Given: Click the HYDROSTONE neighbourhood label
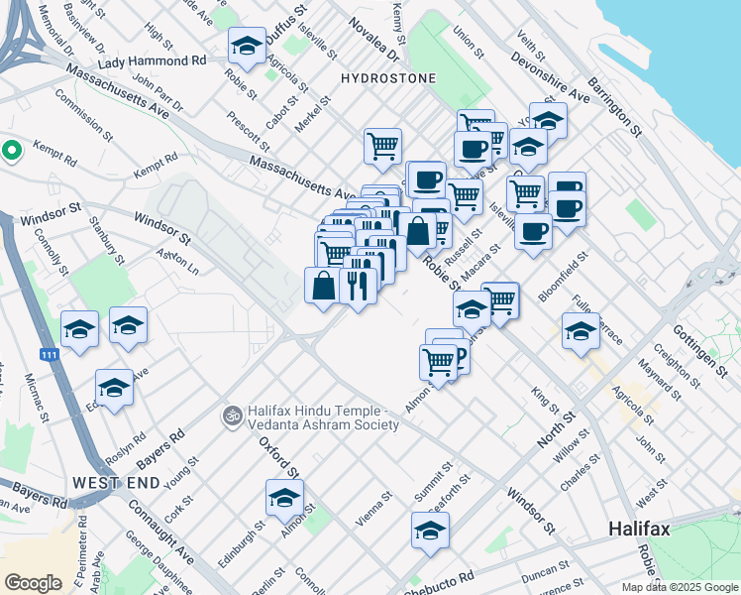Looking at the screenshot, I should (382, 77).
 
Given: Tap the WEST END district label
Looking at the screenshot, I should (116, 482).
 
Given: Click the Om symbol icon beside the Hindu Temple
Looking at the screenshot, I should (233, 415).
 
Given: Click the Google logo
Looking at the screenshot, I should (33, 583).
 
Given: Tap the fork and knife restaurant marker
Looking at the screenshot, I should (357, 286).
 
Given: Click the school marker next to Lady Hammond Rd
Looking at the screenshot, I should (247, 46).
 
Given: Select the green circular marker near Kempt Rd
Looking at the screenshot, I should (11, 151).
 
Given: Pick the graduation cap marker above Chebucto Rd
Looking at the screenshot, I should (431, 532).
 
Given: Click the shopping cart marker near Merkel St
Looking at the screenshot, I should (382, 147).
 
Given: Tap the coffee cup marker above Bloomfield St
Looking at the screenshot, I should (533, 232).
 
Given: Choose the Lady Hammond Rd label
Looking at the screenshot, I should (152, 60).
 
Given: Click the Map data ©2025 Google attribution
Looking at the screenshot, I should (680, 587).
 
